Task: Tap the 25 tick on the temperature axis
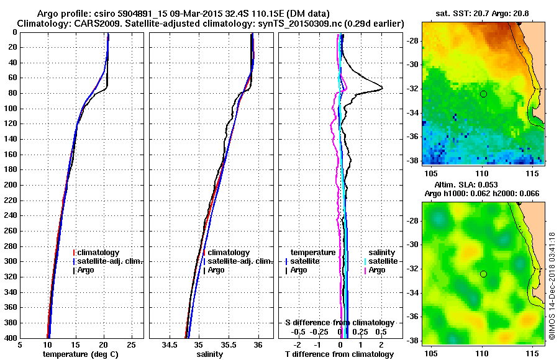click(x=131, y=345)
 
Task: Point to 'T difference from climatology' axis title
click(x=339, y=354)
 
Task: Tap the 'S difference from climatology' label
click(x=339, y=323)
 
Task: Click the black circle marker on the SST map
click(x=483, y=94)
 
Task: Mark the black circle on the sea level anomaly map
click(x=483, y=274)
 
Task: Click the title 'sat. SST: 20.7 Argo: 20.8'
click(x=483, y=13)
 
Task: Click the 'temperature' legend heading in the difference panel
click(x=313, y=253)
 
